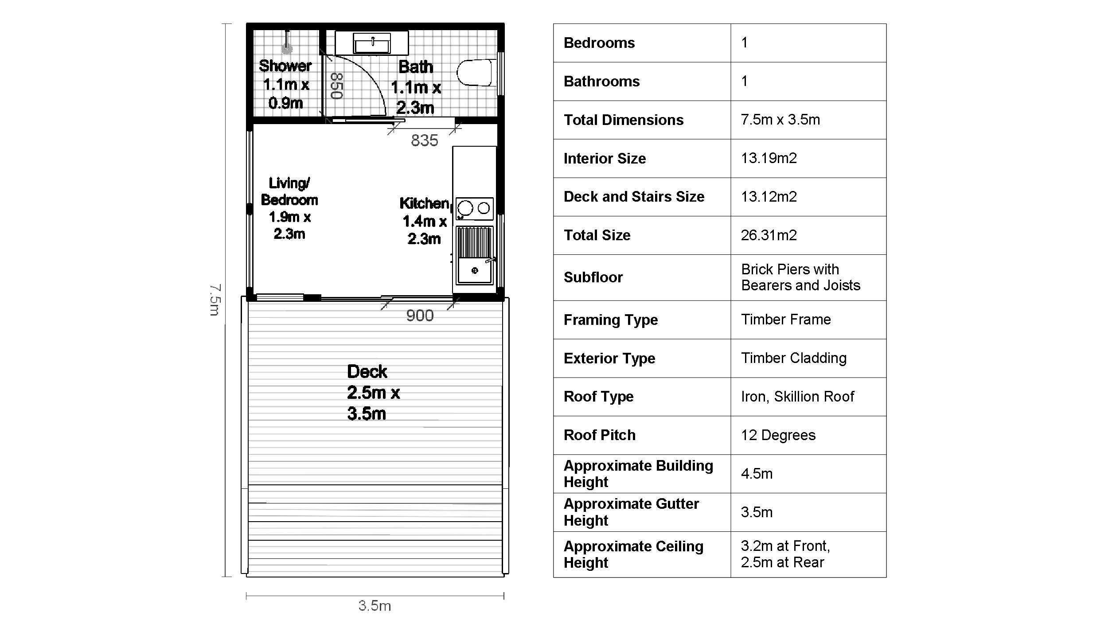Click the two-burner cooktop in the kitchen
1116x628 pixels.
pyautogui.click(x=474, y=208)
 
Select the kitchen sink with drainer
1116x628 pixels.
pyautogui.click(x=475, y=255)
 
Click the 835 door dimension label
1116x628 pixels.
pyautogui.click(x=424, y=140)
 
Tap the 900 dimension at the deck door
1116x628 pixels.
pyautogui.click(x=420, y=316)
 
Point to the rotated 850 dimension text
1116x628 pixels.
pyautogui.click(x=337, y=86)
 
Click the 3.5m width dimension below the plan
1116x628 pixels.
pyautogui.click(x=375, y=606)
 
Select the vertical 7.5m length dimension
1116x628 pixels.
pyautogui.click(x=215, y=300)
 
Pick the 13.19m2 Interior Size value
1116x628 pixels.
pyautogui.click(x=769, y=158)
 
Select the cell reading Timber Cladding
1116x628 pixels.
pyautogui.click(x=794, y=358)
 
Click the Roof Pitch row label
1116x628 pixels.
pyautogui.click(x=599, y=435)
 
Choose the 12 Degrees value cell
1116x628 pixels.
pyautogui.click(x=778, y=435)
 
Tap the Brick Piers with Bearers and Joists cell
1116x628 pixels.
pyautogui.click(x=800, y=277)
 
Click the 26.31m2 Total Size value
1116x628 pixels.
pyautogui.click(x=769, y=235)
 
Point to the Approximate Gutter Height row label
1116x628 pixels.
pyautogui.click(x=631, y=512)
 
